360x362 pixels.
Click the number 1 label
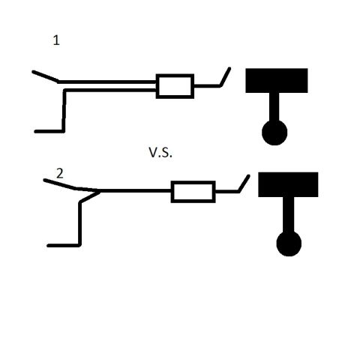point(56,40)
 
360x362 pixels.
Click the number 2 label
point(60,174)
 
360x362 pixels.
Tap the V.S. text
point(160,152)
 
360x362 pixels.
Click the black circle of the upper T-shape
point(274,133)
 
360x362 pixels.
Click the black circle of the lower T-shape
point(289,244)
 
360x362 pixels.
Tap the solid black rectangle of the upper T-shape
point(277,80)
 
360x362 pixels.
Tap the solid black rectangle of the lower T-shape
point(288,184)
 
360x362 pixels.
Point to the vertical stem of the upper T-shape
point(274,107)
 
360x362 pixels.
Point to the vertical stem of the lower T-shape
point(289,214)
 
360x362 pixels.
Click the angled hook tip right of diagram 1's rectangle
point(229,68)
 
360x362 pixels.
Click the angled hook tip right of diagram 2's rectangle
point(248,175)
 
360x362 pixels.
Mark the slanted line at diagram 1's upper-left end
point(46,76)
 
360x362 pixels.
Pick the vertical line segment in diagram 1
point(64,111)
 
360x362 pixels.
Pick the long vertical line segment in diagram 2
point(79,223)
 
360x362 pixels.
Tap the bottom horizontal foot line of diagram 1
point(49,131)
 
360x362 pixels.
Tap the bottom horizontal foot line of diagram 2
point(64,246)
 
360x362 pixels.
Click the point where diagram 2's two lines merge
point(100,191)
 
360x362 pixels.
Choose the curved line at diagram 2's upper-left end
point(71,186)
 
